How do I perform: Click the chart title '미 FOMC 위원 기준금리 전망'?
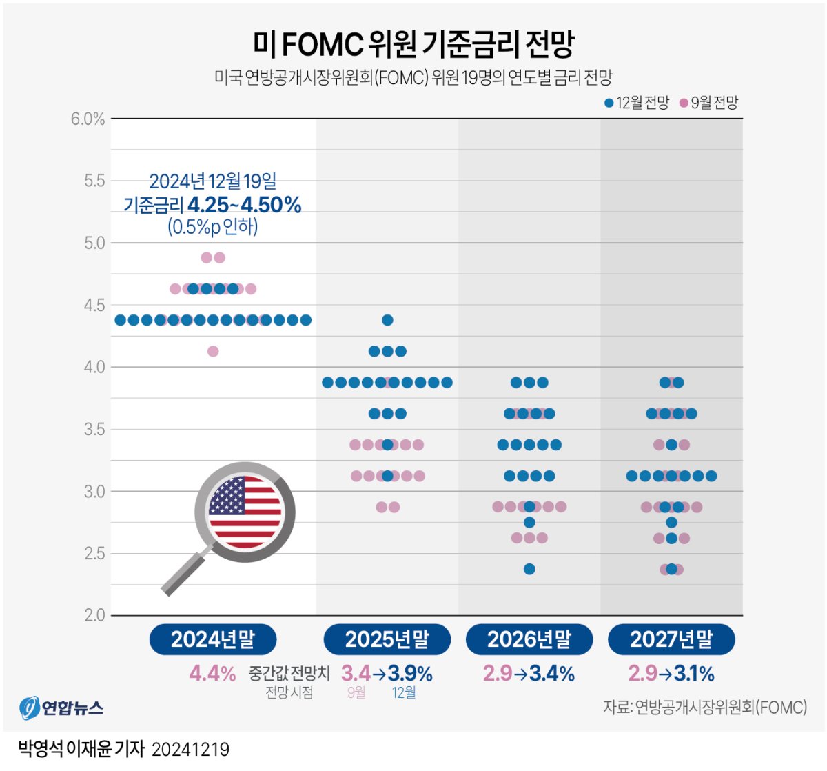(x=413, y=44)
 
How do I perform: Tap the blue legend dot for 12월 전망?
(x=609, y=103)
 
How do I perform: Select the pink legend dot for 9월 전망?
(x=684, y=103)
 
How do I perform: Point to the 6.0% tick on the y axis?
(x=88, y=119)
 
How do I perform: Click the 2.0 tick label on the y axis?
(x=94, y=615)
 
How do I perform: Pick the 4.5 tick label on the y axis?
(x=94, y=305)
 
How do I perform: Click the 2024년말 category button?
(x=213, y=639)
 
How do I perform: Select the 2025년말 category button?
(x=387, y=639)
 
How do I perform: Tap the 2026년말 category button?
(x=529, y=639)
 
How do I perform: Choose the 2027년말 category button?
(x=671, y=639)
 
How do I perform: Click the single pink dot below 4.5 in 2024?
(x=213, y=351)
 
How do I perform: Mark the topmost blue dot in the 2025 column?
(x=387, y=320)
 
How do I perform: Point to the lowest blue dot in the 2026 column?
(x=529, y=569)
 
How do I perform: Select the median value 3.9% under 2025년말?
(x=410, y=673)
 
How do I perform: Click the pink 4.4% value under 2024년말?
(x=212, y=673)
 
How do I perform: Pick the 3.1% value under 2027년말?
(x=695, y=673)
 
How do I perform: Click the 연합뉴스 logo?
(x=62, y=708)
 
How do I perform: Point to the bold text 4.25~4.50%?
(x=244, y=205)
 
